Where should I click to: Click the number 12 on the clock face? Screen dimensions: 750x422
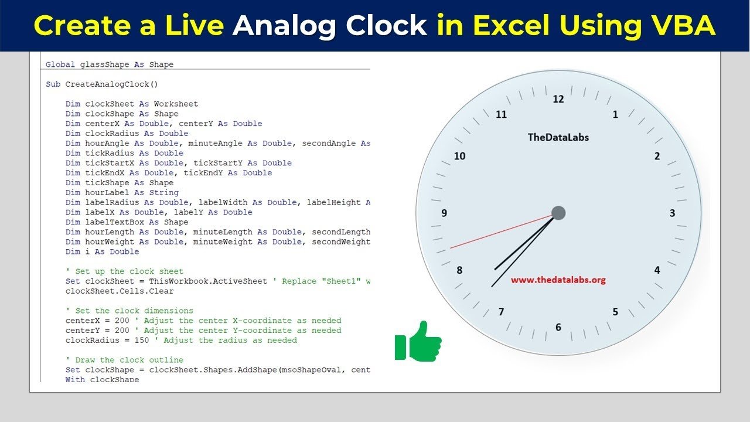tap(558, 99)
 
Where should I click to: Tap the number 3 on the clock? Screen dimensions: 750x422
tap(672, 213)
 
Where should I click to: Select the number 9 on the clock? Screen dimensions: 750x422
tap(444, 213)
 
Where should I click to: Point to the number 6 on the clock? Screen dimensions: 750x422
tap(558, 327)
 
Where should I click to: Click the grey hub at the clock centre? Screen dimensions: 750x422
tap(558, 213)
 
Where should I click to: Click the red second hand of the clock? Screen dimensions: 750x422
tap(501, 232)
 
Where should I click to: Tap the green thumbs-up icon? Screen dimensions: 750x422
tap(418, 341)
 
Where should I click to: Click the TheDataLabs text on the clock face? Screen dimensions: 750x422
tap(558, 137)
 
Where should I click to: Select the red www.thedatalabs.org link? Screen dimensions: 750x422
tap(558, 280)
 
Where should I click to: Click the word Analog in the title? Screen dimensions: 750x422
tap(284, 26)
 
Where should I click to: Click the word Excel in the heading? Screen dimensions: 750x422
tap(512, 25)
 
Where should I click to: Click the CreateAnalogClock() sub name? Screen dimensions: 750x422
tap(111, 84)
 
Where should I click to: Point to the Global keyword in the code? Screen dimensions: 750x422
tap(60, 64)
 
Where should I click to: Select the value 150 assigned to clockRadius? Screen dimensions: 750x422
tap(141, 341)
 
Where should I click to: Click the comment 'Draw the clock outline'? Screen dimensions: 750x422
tap(125, 360)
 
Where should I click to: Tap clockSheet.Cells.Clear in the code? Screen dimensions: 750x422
tap(120, 291)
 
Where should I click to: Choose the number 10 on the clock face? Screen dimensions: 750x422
tap(459, 156)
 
